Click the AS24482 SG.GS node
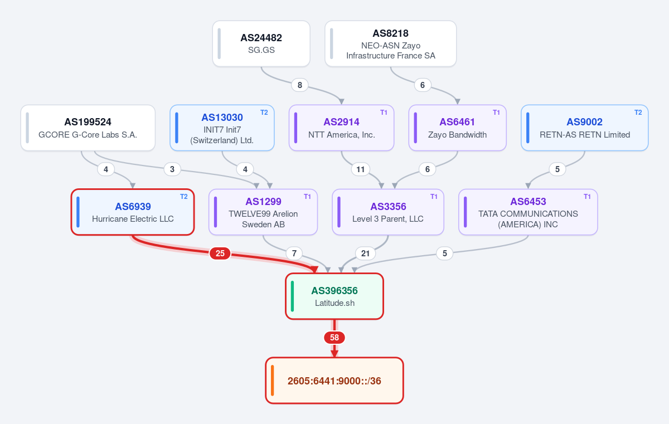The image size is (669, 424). (x=261, y=43)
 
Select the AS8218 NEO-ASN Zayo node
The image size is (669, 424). (x=391, y=43)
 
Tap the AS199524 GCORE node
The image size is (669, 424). (x=88, y=128)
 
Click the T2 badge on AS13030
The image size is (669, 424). (x=264, y=113)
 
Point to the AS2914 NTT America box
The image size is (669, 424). (x=341, y=128)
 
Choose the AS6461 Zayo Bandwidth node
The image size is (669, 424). (x=457, y=128)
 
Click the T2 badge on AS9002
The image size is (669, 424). (x=638, y=113)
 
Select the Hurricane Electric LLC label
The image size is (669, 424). (x=133, y=219)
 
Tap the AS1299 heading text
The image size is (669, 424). (x=263, y=201)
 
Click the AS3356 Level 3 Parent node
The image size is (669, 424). (x=388, y=212)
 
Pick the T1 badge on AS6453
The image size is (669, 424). (x=587, y=197)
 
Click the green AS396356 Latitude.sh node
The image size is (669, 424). (x=334, y=296)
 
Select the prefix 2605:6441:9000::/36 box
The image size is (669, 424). (x=334, y=381)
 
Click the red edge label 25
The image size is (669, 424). (x=220, y=254)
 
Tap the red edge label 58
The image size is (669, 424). (x=334, y=338)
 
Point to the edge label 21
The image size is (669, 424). (x=365, y=254)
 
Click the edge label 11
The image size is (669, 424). (x=361, y=169)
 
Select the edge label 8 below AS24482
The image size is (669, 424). (x=300, y=85)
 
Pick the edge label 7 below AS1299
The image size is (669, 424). (x=294, y=254)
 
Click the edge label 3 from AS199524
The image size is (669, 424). (x=172, y=169)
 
